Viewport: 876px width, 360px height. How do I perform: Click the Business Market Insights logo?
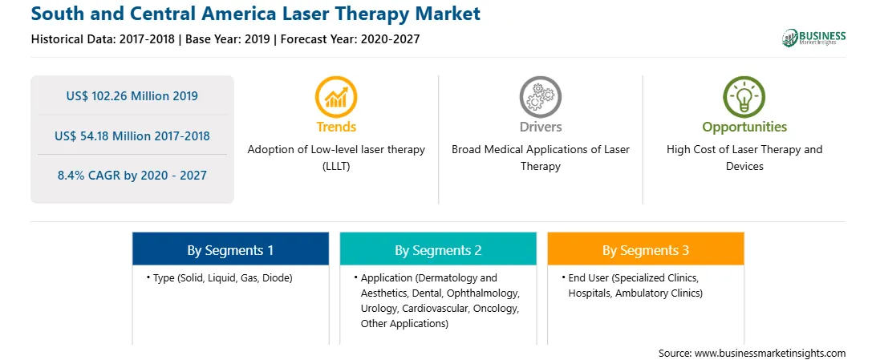[x=814, y=38]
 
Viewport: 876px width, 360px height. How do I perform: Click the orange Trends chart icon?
[x=336, y=96]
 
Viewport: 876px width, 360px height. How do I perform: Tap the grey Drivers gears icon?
[x=540, y=96]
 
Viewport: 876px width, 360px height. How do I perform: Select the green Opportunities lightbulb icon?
[x=744, y=96]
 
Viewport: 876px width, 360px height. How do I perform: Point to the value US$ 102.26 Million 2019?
[x=132, y=96]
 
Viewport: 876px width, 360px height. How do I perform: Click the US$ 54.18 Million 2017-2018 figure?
[x=132, y=136]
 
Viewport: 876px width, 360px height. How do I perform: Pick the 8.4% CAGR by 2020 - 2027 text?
[x=132, y=176]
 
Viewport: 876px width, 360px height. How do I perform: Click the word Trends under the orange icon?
[x=336, y=127]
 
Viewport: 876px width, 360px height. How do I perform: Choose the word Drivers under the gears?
[x=540, y=127]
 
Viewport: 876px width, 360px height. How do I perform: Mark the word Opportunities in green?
[x=744, y=127]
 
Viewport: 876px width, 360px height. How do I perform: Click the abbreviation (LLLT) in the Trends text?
[x=336, y=166]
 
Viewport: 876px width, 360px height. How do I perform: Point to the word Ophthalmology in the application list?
[x=489, y=293]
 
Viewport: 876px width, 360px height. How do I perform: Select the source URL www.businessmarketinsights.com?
[x=770, y=354]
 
